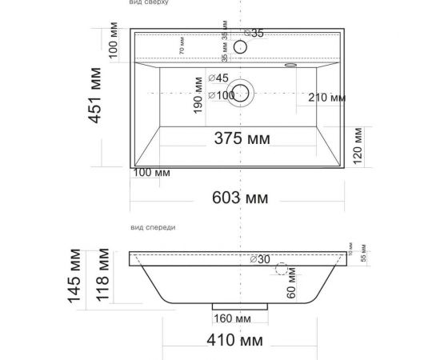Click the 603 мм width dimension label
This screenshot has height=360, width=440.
pyautogui.click(x=241, y=198)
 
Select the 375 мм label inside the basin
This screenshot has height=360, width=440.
pyautogui.click(x=242, y=138)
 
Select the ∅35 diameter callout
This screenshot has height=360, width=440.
pyautogui.click(x=254, y=33)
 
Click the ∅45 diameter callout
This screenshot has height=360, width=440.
pyautogui.click(x=218, y=78)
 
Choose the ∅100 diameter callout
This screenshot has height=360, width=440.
pyautogui.click(x=221, y=95)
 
